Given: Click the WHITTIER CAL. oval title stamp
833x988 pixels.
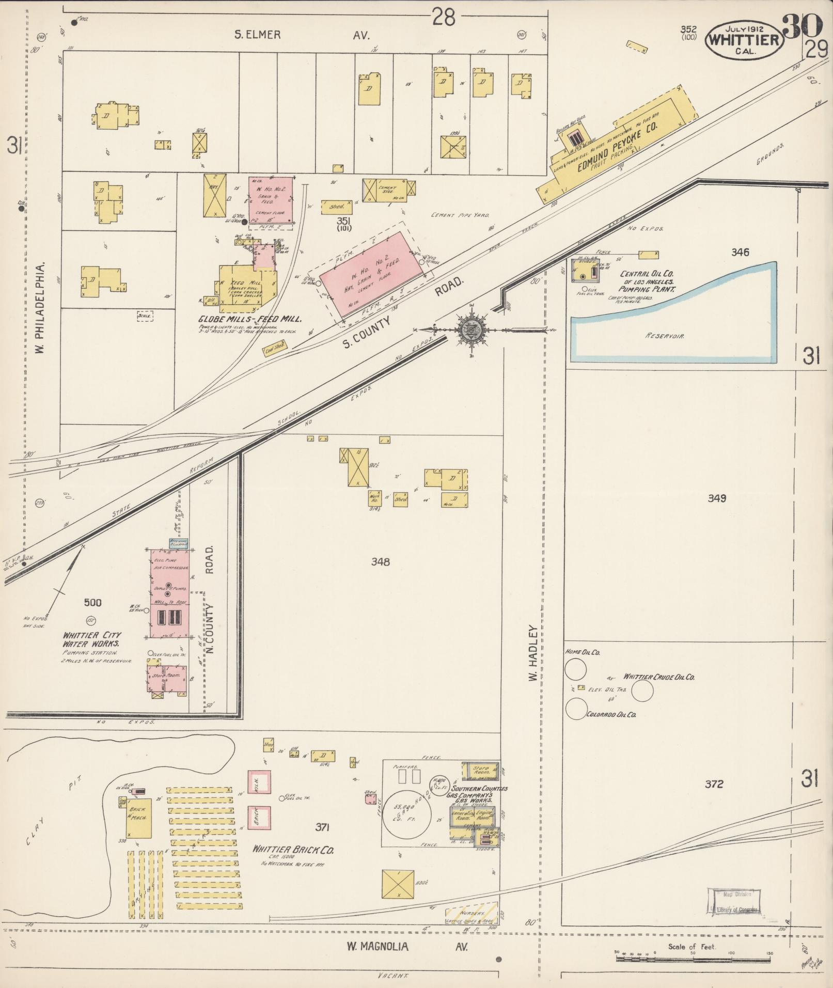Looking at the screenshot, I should [x=744, y=40].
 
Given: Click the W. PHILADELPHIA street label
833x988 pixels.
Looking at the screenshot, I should [x=40, y=307].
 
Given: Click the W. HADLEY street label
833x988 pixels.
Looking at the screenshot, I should [x=533, y=653].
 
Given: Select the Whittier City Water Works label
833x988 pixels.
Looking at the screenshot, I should [x=92, y=639].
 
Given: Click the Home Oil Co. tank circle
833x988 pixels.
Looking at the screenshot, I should [x=575, y=670].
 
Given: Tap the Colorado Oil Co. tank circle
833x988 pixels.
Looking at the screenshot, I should [x=576, y=709].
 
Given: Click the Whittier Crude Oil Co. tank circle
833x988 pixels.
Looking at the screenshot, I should [x=642, y=691].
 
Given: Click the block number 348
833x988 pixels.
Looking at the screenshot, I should [x=380, y=562].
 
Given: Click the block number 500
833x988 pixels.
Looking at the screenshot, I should [x=92, y=602].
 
